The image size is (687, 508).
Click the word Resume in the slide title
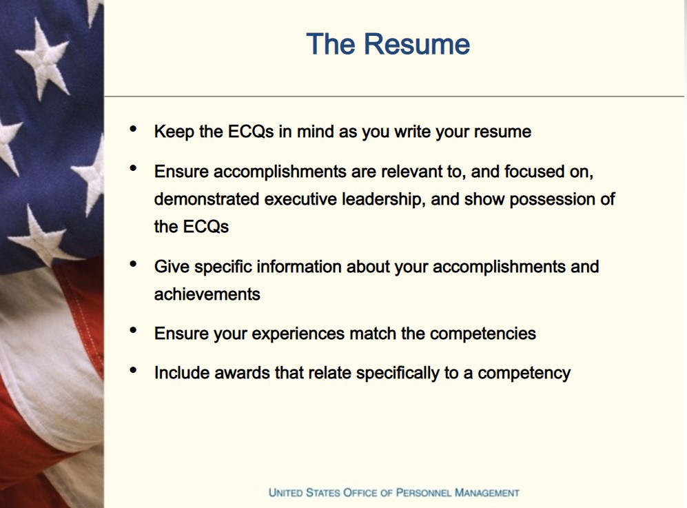[x=417, y=44]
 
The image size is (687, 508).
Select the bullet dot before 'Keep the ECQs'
[x=133, y=128]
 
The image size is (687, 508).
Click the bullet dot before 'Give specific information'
[x=133, y=264]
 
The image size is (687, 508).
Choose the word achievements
[x=207, y=294]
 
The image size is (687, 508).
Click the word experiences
[x=298, y=334]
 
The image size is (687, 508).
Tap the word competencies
[x=483, y=334]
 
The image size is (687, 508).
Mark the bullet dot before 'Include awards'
[x=133, y=370]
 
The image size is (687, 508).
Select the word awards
[x=243, y=373]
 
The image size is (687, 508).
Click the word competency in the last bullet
[x=524, y=374]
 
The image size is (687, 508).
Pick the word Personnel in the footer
[x=423, y=493]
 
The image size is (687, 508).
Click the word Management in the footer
[x=487, y=493]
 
